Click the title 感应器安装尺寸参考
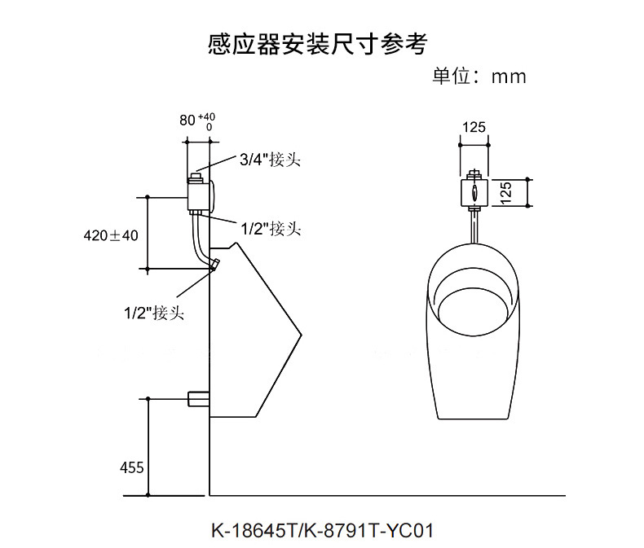[318, 44]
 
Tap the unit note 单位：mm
[479, 77]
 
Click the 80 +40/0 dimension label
[197, 121]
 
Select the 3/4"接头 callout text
[269, 160]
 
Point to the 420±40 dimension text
[111, 235]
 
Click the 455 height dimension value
[131, 467]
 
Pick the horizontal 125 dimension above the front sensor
[474, 127]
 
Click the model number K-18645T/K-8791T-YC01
[322, 530]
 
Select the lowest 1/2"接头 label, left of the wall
[153, 311]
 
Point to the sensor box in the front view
[474, 193]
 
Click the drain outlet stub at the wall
[198, 399]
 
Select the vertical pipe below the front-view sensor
[474, 226]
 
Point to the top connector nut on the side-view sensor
[196, 173]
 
